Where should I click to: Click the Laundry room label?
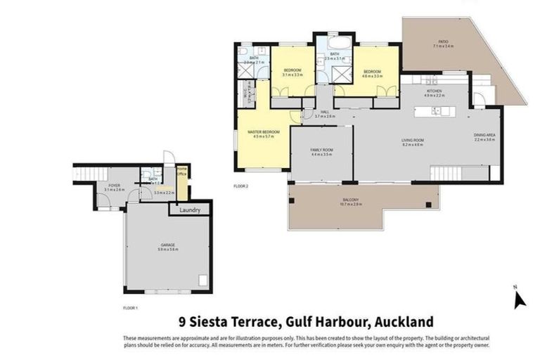[x=190, y=210]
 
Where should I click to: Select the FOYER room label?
[x=115, y=186]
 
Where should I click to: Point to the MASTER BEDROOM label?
[x=263, y=133]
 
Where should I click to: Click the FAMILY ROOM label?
[x=321, y=150]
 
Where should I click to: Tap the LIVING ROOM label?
[x=411, y=141]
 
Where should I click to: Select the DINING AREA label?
[x=484, y=137]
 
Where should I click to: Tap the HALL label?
[x=324, y=113]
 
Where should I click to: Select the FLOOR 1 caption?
[x=130, y=308]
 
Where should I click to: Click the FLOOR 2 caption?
[x=242, y=186]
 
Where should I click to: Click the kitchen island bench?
[x=436, y=111]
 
